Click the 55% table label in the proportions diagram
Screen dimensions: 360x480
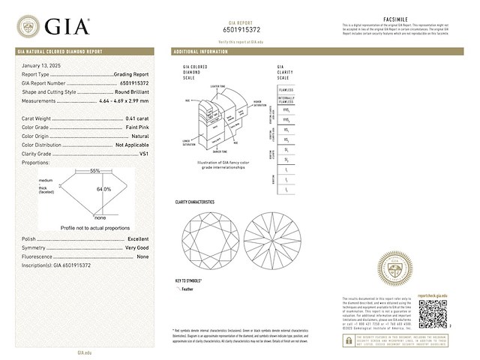94,172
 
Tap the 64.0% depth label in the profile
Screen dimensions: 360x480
103,189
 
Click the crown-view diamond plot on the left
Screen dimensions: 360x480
206,238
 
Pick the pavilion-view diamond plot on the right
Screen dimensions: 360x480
273,238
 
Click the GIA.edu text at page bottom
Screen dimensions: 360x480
85,352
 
